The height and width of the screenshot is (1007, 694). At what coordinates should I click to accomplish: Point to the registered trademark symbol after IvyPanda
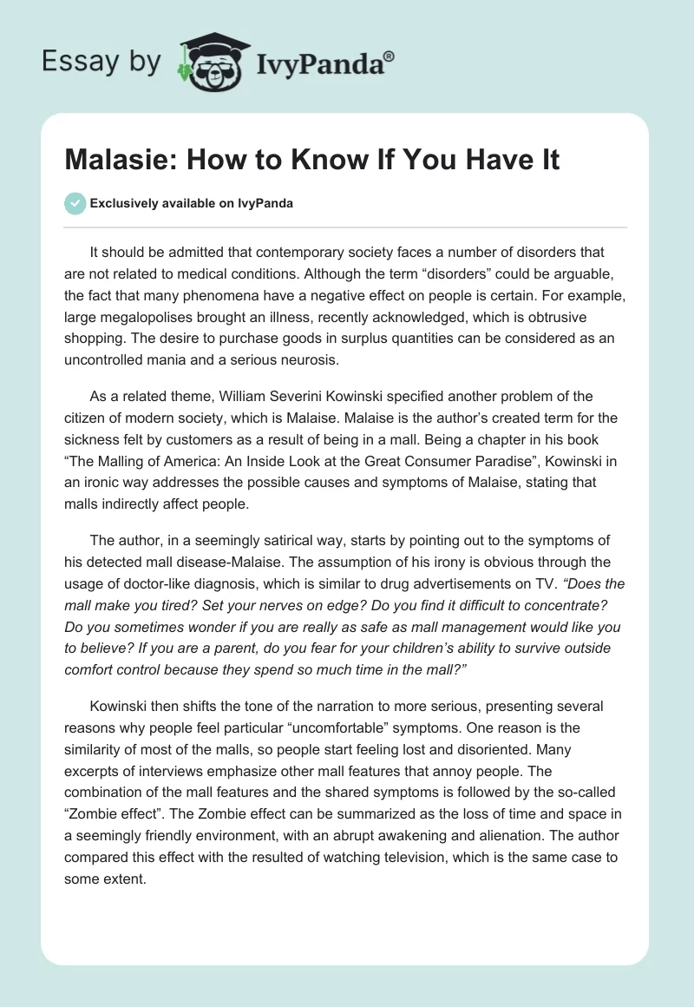390,56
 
